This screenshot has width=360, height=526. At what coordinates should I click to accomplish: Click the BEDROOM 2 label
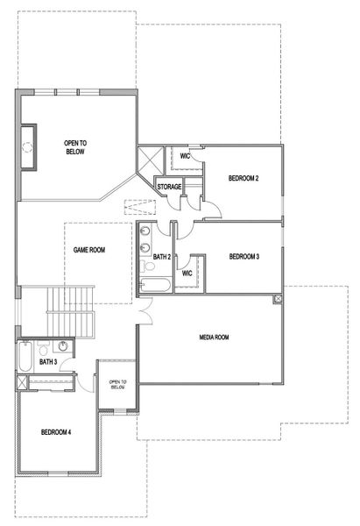pyautogui.click(x=243, y=178)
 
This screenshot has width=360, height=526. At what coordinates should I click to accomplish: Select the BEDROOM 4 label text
pyautogui.click(x=57, y=432)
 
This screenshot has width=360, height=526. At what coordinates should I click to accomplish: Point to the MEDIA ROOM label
pyautogui.click(x=213, y=337)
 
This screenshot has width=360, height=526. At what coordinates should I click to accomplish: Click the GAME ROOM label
pyautogui.click(x=88, y=250)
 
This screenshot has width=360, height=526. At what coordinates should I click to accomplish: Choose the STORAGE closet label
pyautogui.click(x=169, y=187)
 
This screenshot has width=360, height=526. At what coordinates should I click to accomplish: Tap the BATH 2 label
pyautogui.click(x=160, y=257)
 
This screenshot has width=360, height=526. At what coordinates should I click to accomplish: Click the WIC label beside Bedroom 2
pyautogui.click(x=185, y=156)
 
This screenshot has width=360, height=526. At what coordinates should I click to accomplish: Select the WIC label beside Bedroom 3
pyautogui.click(x=187, y=273)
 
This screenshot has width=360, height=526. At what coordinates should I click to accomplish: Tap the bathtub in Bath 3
pyautogui.click(x=24, y=357)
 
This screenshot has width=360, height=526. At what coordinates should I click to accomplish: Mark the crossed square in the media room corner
pyautogui.click(x=278, y=300)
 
